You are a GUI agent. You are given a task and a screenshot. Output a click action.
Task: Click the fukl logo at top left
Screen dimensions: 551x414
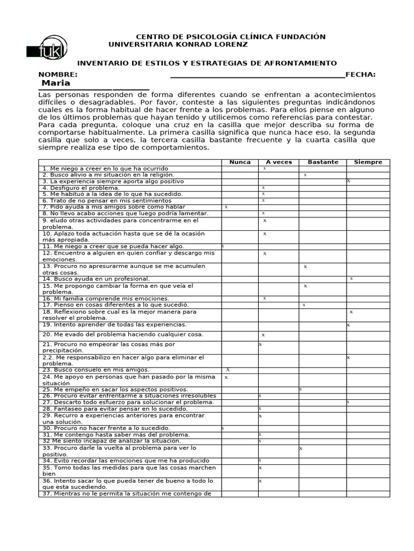(47, 47)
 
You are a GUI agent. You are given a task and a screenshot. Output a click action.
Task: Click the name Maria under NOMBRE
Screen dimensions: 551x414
(56, 83)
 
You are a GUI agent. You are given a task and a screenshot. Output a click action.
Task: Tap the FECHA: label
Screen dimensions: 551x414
(360, 74)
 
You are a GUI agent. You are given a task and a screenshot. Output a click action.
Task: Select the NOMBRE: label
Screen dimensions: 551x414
(58, 74)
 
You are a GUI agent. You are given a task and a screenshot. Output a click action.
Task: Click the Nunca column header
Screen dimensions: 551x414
(240, 162)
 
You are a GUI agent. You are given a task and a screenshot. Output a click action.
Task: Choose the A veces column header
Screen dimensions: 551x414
(279, 162)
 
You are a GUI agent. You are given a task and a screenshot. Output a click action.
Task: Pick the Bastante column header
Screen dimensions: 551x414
(323, 162)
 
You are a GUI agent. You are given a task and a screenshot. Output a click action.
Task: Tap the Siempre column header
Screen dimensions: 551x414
(368, 162)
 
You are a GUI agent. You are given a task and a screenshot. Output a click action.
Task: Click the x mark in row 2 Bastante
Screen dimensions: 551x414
(305, 175)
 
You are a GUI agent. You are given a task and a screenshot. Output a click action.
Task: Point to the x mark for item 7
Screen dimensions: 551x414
(226, 207)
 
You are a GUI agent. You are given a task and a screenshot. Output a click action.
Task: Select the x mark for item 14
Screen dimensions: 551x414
(351, 279)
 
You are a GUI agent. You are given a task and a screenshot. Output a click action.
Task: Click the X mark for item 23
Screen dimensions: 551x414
(228, 370)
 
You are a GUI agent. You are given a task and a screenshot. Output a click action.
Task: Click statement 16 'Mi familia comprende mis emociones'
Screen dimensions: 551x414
(105, 298)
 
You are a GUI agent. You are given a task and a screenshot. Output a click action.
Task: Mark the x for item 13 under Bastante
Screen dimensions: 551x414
(305, 266)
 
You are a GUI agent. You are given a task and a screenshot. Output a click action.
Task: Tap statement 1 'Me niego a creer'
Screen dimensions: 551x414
(105, 168)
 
